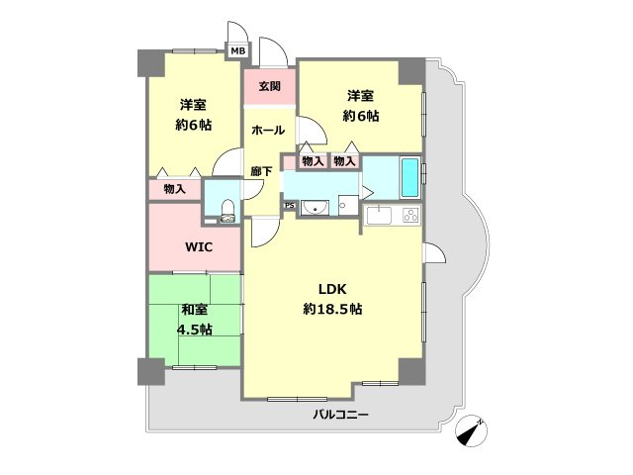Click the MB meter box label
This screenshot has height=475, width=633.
click(237, 51)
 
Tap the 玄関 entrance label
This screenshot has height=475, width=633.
click(270, 86)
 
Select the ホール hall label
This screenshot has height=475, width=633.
click(268, 130)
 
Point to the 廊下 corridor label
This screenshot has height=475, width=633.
click(261, 171)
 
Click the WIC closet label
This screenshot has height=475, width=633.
click(199, 246)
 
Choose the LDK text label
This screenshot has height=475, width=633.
click(332, 289)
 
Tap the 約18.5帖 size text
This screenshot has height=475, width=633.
click(332, 309)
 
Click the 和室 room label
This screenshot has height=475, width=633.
click(195, 310)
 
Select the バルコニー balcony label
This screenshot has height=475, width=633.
click(340, 415)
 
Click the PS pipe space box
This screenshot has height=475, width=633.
click(290, 206)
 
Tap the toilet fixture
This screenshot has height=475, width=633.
click(228, 211)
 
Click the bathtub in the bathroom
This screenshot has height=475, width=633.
click(409, 178)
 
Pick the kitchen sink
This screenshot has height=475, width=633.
click(378, 216)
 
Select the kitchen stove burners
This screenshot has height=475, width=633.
click(411, 216)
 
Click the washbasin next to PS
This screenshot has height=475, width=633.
click(315, 208)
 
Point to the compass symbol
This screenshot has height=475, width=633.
click(471, 430)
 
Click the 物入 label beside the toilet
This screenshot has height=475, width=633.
click(174, 189)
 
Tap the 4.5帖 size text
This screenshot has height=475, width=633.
click(195, 330)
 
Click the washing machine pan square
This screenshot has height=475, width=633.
click(348, 205)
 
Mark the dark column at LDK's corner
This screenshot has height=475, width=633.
click(411, 371)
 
